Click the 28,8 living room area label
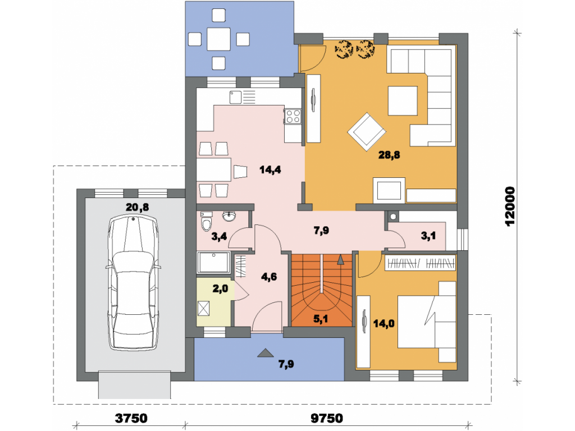[x=389, y=155]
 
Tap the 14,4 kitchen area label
[x=270, y=169]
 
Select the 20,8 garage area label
[x=137, y=208]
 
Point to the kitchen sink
[x=236, y=97]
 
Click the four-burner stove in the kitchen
[x=293, y=117]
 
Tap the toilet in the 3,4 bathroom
[x=207, y=221]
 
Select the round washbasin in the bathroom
[x=229, y=217]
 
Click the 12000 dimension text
[x=510, y=207]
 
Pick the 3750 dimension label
[x=131, y=418]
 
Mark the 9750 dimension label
[x=327, y=418]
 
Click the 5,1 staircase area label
[x=321, y=319]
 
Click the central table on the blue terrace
[x=218, y=39]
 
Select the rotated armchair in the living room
[x=366, y=131]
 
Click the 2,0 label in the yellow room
[x=220, y=289]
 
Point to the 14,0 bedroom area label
[x=384, y=324]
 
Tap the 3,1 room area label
[x=428, y=236]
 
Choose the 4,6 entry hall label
[x=269, y=277]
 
